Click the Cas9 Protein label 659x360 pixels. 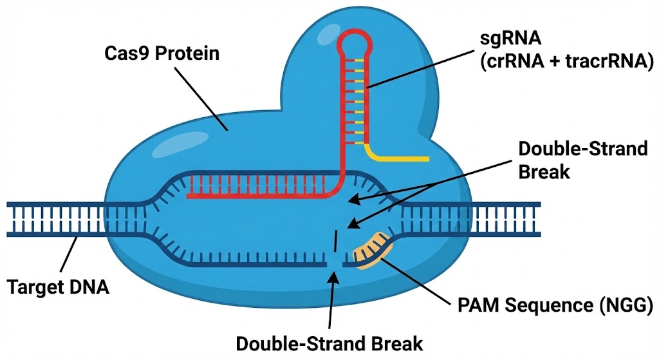162,53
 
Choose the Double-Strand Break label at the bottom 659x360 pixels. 329,343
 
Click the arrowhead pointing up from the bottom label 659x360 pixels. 333,277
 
